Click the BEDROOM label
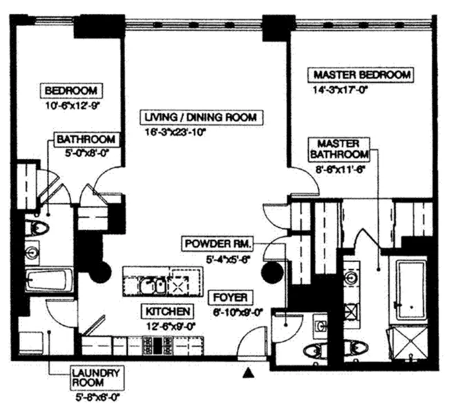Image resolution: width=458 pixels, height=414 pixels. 73,90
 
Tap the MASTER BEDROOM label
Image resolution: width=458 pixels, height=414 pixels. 362,75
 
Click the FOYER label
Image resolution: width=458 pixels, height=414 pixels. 231,297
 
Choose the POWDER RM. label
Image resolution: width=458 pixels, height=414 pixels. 218,244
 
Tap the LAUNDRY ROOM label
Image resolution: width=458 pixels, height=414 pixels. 97,378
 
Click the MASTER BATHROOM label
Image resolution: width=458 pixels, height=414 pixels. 338,148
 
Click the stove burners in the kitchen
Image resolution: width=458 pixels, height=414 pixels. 152,345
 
